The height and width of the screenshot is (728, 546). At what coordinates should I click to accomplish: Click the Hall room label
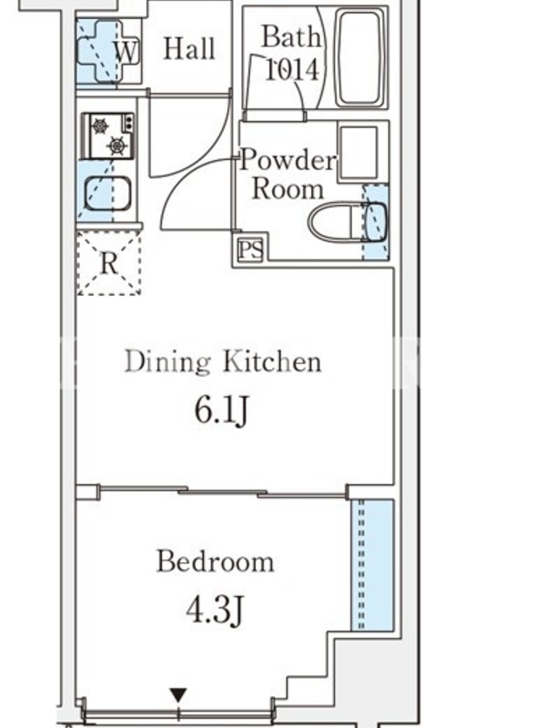coord(189,49)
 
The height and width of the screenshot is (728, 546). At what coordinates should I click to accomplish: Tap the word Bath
coord(291,36)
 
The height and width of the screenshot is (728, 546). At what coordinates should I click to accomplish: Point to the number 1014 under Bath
coord(292,70)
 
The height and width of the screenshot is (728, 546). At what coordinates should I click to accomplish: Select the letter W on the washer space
coord(126,52)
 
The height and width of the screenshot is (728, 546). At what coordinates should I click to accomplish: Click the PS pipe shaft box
coord(251,249)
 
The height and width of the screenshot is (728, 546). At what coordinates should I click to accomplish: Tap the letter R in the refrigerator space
coord(109,264)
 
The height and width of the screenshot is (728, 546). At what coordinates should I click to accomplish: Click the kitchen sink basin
coord(107,193)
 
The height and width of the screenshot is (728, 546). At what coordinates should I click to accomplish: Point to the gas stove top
coord(107,136)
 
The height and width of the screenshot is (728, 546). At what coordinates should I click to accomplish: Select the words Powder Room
coord(288,175)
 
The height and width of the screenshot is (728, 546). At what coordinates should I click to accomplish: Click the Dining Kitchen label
coord(223,362)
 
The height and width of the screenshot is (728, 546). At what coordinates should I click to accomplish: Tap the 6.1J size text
coord(221,411)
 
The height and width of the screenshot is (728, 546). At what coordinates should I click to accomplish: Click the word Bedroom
coord(216,561)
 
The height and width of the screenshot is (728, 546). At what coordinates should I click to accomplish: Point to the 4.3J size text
coord(215,610)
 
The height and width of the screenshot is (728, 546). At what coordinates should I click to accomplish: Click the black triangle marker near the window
coord(178,695)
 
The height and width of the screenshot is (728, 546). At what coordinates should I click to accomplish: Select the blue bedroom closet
coord(372,565)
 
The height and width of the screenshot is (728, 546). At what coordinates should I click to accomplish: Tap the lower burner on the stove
coord(116,147)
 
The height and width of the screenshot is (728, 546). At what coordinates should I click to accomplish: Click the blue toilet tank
coord(376,221)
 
